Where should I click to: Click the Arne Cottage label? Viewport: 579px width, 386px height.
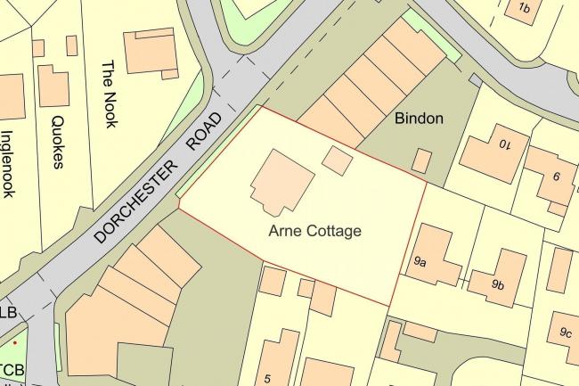(314, 231)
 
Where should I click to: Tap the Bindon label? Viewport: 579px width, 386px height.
(418, 119)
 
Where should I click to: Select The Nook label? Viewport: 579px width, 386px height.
(109, 94)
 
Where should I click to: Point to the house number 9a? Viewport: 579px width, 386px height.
(420, 262)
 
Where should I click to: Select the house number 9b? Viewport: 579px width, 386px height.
(497, 285)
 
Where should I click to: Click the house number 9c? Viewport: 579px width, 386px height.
(566, 333)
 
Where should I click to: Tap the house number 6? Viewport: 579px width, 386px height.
(556, 177)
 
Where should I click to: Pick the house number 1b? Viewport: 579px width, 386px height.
(523, 9)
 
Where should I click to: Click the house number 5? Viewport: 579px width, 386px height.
(267, 378)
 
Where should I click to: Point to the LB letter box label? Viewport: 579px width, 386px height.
(9, 313)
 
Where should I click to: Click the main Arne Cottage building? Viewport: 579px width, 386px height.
(281, 181)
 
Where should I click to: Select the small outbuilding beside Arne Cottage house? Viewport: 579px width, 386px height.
(337, 160)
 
